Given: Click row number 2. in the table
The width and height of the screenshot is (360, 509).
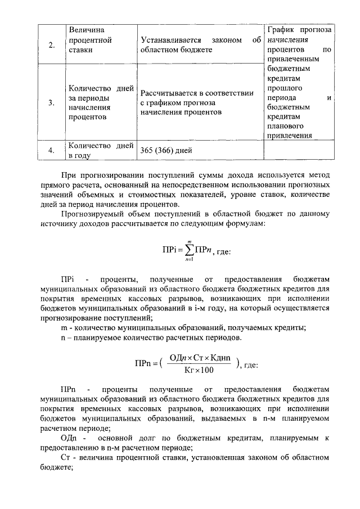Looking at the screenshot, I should pos(51,45).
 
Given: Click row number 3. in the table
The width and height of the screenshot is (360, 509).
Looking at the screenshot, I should pos(51,102).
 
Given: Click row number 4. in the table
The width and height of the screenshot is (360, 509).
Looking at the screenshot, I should pos(51,150).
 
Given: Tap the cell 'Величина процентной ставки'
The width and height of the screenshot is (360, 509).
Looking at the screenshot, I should pos(89,40).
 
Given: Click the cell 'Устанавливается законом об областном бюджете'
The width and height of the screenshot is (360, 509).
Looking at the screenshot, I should pos(200,45).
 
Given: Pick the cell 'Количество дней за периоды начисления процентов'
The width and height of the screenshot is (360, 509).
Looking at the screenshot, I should pos(101,103).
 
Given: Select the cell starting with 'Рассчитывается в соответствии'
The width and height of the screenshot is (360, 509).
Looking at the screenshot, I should pos(196,102).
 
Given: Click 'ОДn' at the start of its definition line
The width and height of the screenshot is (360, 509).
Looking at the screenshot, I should pos(68,438).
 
